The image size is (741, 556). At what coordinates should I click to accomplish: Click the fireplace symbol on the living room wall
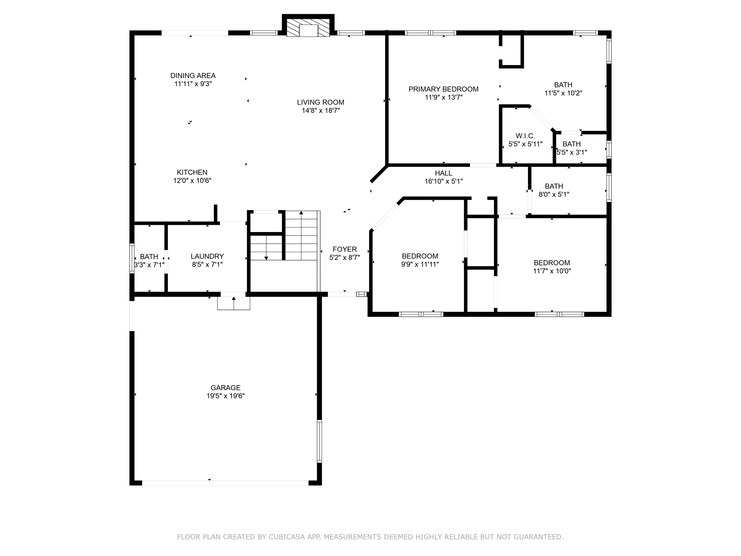point(308,28)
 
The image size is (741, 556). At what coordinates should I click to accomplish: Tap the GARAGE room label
point(225,388)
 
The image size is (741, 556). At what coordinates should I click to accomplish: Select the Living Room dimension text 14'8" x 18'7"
point(321,111)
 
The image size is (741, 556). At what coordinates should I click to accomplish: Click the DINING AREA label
point(193,76)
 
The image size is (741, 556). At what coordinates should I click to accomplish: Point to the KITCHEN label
point(192,173)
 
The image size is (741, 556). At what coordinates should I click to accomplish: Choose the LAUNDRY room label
point(207,256)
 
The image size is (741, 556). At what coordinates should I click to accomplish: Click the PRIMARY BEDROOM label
point(443,89)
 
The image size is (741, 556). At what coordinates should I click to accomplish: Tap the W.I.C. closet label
point(525,136)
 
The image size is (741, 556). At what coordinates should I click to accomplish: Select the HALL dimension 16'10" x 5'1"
point(444,181)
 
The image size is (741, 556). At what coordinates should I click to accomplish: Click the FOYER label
point(344,249)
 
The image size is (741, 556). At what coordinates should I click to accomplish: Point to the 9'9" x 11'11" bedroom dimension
point(420,264)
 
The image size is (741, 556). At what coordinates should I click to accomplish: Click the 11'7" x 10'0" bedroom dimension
point(552,271)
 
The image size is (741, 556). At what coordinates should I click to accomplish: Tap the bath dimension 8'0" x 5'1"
point(554,194)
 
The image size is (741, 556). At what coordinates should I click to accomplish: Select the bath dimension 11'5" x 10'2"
point(563,93)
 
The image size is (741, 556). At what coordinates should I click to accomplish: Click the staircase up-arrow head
point(301,213)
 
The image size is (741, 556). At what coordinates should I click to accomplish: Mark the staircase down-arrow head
point(266,258)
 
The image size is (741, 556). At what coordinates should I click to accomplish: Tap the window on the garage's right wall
point(319,441)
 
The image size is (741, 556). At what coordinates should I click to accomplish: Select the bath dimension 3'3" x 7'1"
point(149,265)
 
